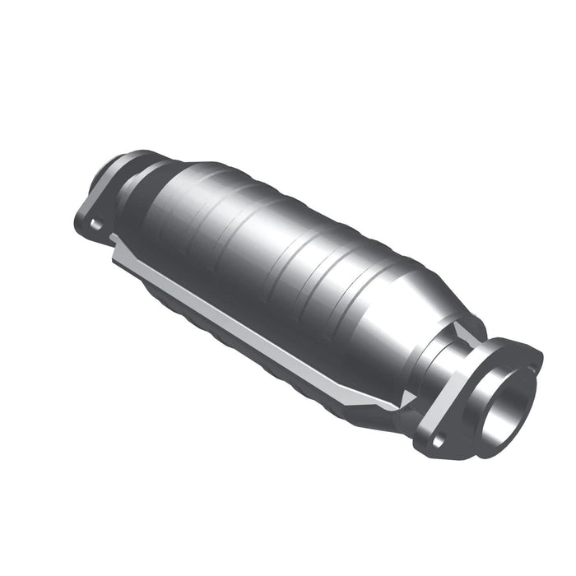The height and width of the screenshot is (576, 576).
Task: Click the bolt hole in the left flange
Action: [x=97, y=222]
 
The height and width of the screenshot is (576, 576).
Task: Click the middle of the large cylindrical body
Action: [x=280, y=247]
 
